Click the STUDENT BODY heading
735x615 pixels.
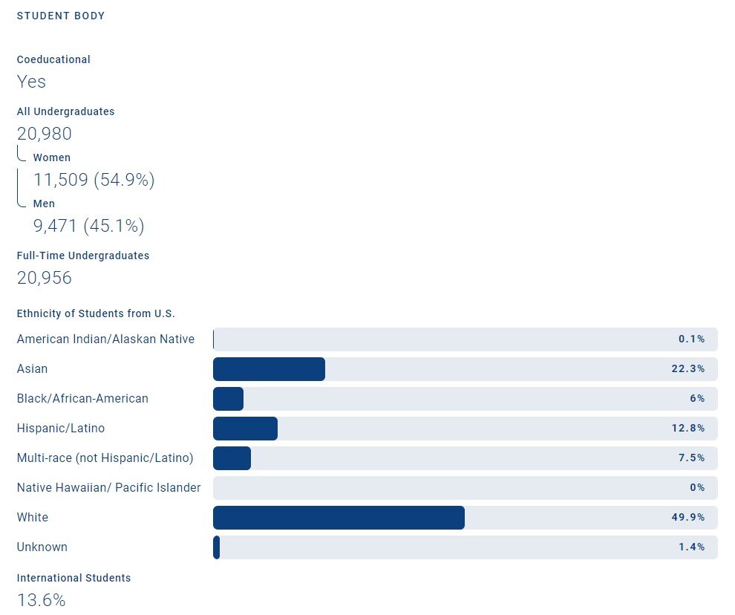tap(61, 16)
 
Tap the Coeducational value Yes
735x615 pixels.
tap(31, 81)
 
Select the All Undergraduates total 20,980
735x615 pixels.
tap(45, 134)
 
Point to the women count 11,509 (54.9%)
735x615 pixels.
tap(94, 180)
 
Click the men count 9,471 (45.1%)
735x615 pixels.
tap(88, 226)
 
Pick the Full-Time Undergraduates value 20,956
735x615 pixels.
tap(45, 278)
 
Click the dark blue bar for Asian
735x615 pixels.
tap(269, 369)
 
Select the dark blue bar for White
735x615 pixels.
tap(339, 518)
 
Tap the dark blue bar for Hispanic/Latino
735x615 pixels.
tap(245, 429)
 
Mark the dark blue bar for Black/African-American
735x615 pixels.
tap(228, 399)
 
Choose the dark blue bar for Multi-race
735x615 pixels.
tap(232, 458)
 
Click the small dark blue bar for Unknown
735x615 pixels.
tap(216, 547)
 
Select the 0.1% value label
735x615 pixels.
tap(692, 339)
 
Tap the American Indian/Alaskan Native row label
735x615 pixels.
tap(105, 339)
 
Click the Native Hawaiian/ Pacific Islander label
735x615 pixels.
tap(108, 488)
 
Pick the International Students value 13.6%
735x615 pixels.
tap(41, 599)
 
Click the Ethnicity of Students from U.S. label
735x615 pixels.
tap(96, 313)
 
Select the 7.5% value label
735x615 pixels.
tap(692, 458)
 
